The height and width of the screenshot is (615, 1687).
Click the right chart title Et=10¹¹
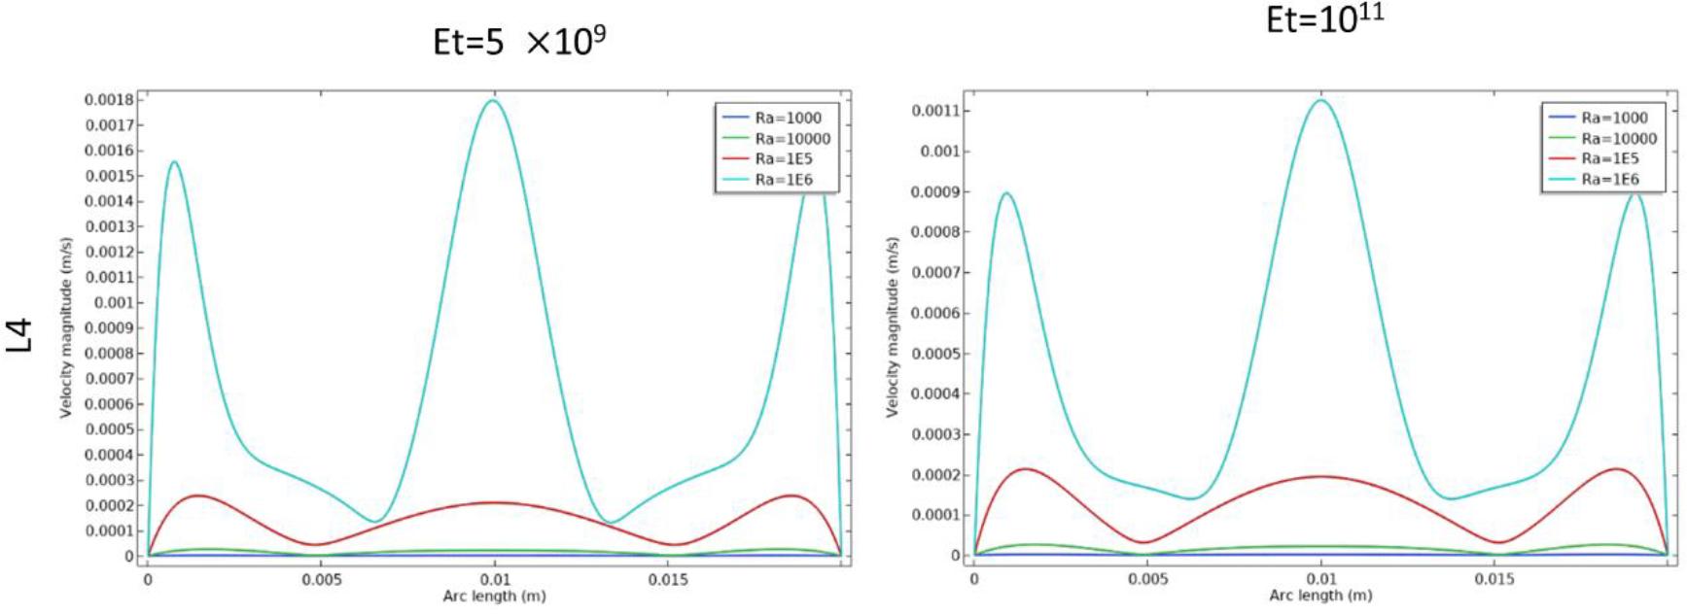tap(1324, 18)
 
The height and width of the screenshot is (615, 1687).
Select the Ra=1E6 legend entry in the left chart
tap(784, 180)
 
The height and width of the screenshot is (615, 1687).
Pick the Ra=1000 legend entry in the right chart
tap(1614, 118)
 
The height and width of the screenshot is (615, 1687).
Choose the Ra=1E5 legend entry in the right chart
tap(1609, 158)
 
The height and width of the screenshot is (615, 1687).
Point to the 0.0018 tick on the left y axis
tap(109, 100)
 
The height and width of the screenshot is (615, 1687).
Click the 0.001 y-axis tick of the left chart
tap(114, 303)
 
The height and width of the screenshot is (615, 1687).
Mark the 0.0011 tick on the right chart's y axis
tap(934, 111)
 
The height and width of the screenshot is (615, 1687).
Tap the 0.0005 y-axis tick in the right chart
tap(934, 354)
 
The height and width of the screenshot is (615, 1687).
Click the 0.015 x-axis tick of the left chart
tap(668, 580)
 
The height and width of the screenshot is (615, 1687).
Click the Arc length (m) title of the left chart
tap(493, 596)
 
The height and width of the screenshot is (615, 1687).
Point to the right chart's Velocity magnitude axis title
tap(892, 326)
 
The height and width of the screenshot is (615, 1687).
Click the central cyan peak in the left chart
tap(494, 100)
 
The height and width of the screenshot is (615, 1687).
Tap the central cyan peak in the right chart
tap(1320, 100)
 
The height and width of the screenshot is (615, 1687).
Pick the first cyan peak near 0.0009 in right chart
tap(1007, 193)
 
